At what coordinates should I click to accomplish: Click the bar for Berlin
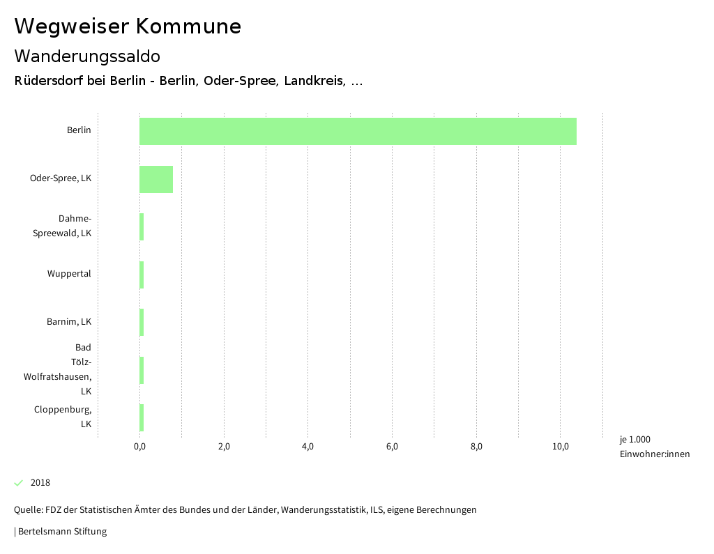358,131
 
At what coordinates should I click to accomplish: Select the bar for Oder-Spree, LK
156,179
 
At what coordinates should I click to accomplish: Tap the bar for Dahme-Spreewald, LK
142,227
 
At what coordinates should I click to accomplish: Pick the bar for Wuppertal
142,275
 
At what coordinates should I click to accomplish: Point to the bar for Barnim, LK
142,323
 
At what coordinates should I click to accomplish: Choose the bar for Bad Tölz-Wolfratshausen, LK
142,370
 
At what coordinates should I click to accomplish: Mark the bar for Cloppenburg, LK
142,418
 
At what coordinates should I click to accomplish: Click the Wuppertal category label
69,274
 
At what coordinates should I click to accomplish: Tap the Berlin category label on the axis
79,130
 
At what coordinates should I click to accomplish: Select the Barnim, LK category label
69,322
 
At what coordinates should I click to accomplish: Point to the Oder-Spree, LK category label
61,178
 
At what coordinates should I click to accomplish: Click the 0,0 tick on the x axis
139,447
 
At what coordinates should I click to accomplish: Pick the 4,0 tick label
308,447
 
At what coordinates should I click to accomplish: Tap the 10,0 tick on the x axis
561,447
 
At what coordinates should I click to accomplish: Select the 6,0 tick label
392,447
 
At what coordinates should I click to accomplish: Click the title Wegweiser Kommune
128,26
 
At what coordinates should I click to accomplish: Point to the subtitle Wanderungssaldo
87,56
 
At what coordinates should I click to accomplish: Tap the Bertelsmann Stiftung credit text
61,532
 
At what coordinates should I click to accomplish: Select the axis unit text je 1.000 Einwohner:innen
654,447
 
